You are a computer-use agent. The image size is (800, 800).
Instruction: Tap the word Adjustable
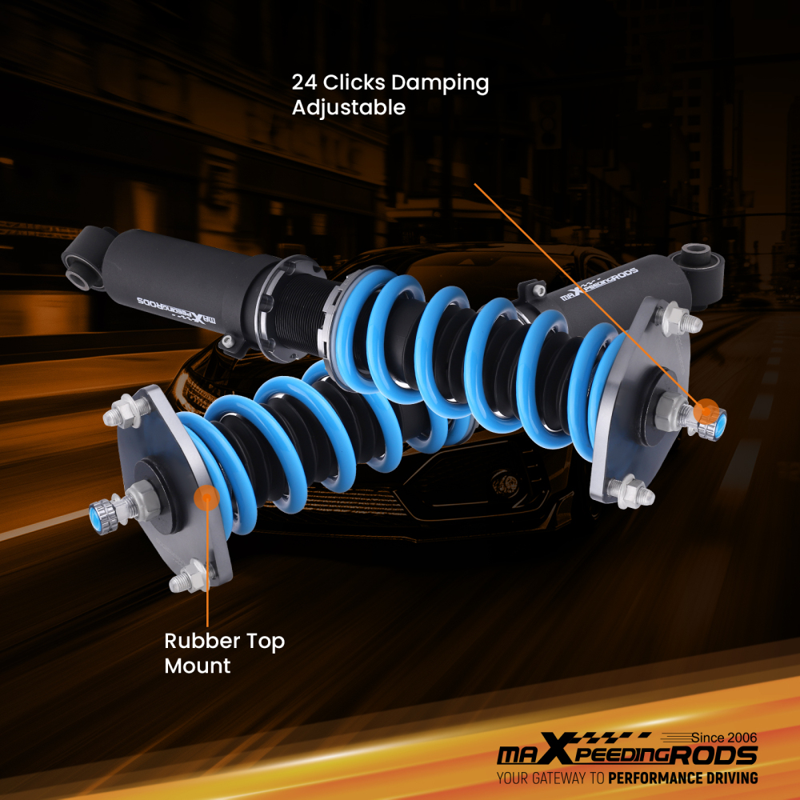pyautogui.click(x=348, y=107)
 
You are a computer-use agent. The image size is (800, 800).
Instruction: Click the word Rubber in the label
pyautogui.click(x=201, y=641)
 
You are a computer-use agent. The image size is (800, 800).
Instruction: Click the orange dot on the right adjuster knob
pyautogui.click(x=705, y=412)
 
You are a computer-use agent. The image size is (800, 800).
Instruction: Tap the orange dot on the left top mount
pyautogui.click(x=206, y=498)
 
